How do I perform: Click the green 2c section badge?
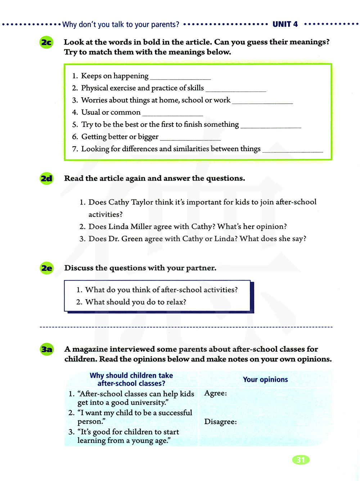[46, 42]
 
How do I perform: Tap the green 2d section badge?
[46, 179]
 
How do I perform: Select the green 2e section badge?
[46, 268]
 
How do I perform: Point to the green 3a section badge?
[46, 349]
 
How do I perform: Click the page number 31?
[301, 460]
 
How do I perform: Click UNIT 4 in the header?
[285, 24]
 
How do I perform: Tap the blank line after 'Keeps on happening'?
[180, 78]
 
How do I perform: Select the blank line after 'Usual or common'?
[172, 114]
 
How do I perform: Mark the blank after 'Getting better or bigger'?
[190, 139]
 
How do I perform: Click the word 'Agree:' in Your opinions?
[215, 393]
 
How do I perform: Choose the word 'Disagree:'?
[220, 422]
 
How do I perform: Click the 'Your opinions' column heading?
[265, 379]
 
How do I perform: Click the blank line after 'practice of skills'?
[236, 90]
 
